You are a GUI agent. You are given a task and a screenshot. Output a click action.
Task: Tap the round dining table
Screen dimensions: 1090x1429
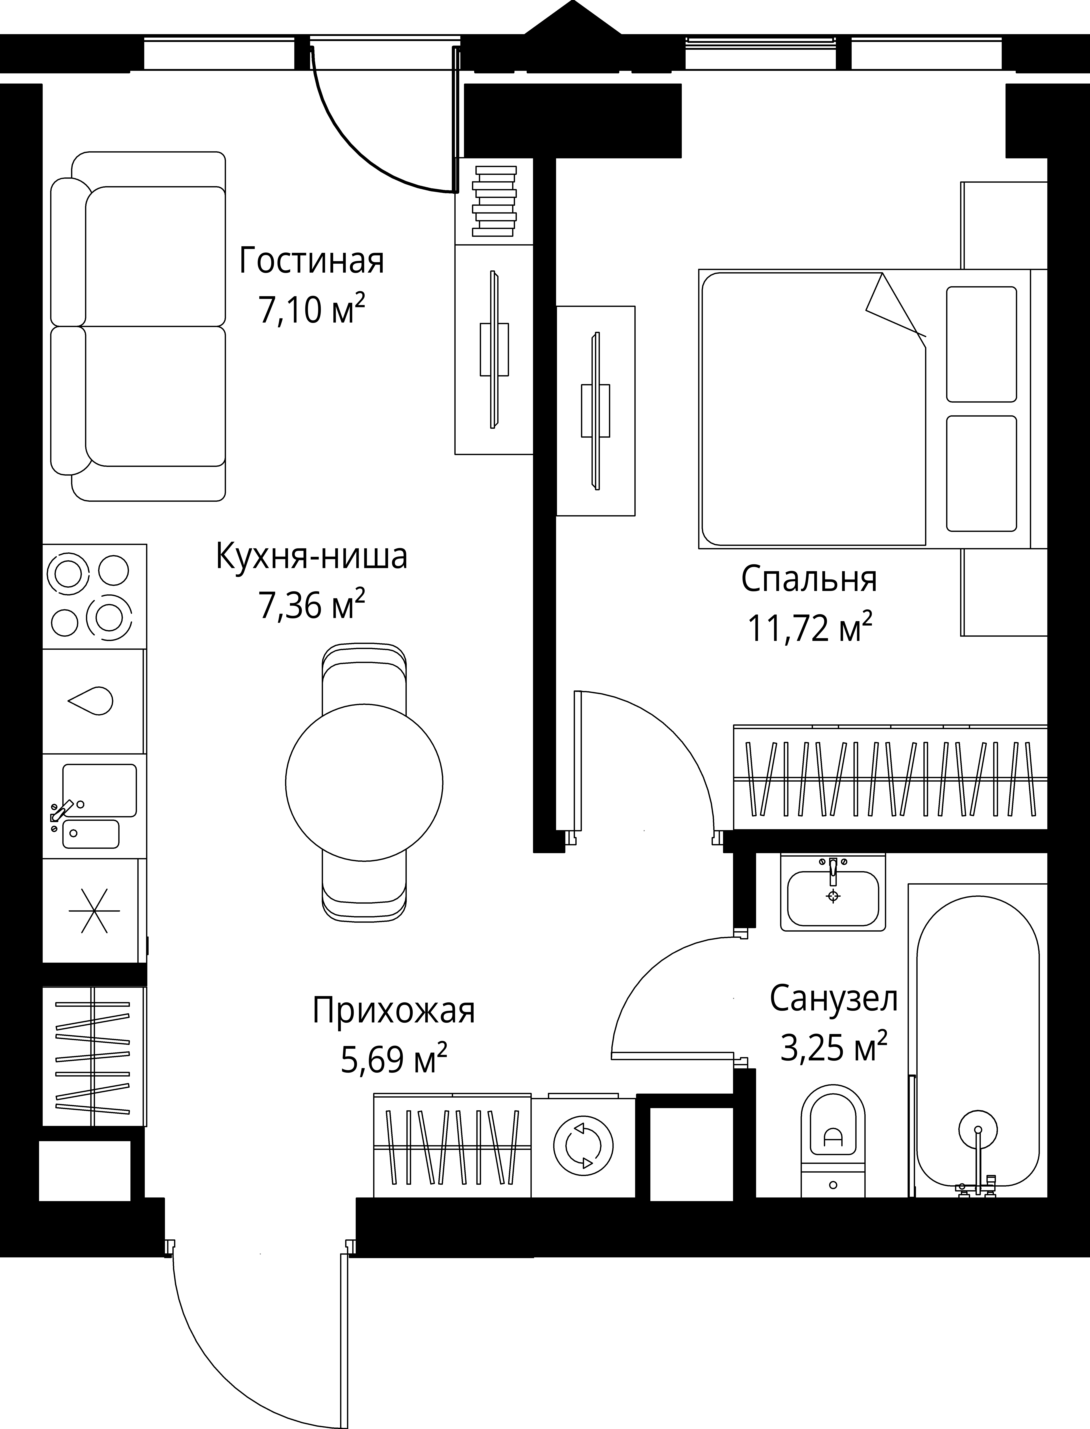[364, 782]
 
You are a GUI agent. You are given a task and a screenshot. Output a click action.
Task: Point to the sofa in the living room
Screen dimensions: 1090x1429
[138, 326]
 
